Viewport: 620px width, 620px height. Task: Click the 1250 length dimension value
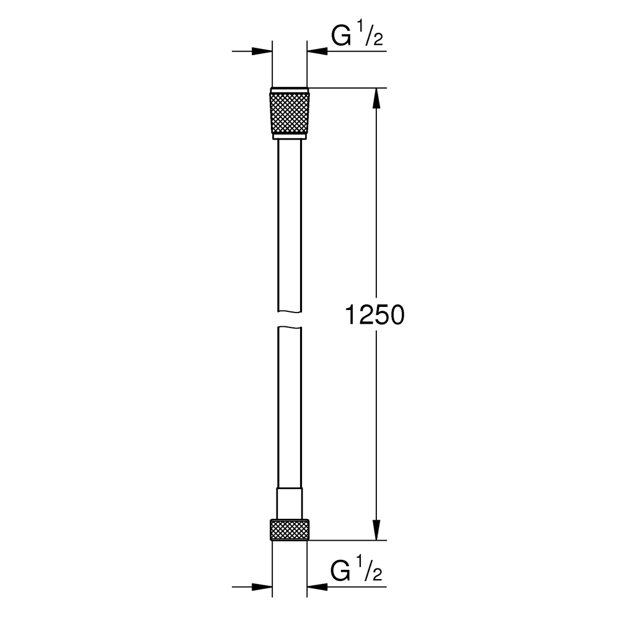[374, 315]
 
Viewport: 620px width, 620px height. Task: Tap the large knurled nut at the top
[290, 112]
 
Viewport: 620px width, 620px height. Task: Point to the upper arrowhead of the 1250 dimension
[376, 98]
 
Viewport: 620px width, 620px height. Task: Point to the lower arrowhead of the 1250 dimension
[376, 531]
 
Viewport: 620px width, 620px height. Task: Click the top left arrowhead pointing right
[263, 51]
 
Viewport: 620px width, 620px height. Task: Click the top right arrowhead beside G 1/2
[317, 51]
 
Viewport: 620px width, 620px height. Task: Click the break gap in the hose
[290, 319]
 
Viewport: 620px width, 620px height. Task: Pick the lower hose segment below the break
[290, 409]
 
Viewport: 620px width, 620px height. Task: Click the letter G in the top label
[340, 38]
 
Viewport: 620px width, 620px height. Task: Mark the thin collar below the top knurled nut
[290, 137]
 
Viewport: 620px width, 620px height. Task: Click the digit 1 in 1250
[351, 315]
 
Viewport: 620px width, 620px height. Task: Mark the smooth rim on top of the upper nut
[290, 87]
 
